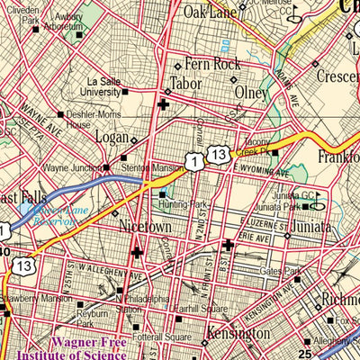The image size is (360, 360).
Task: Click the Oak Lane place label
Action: click(209, 12)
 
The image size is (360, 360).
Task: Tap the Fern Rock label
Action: click(215, 65)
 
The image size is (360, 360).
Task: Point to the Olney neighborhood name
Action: click(251, 92)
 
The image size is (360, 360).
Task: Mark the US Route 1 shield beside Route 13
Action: click(192, 159)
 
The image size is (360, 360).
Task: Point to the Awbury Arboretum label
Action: click(63, 20)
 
